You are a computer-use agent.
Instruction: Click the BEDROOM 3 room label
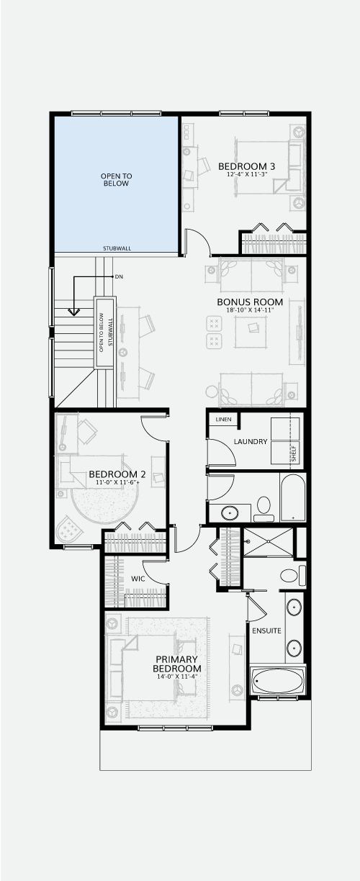pos(247,166)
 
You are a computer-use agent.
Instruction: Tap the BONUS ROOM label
pos(250,302)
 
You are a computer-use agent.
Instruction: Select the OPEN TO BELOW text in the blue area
pos(117,180)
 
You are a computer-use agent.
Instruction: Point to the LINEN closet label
pos(223,419)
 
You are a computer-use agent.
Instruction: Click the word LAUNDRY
pos(251,442)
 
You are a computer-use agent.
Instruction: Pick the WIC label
pos(138,579)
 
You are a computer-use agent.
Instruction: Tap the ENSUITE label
pos(266,631)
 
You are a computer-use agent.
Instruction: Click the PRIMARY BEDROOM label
pos(176,664)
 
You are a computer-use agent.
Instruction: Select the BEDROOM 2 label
pos(117,474)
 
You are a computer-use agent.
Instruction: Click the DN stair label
pos(119,277)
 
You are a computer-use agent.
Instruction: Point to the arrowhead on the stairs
pos(74,312)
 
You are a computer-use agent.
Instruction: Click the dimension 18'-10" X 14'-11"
pos(250,310)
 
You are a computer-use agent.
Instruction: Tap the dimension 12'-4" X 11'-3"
pos(247,174)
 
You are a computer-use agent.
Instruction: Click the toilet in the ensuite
pos(293,576)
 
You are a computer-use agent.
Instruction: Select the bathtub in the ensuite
pos(278,682)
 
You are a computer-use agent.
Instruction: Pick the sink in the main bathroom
pos(230,513)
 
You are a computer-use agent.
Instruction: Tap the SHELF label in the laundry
pos(294,453)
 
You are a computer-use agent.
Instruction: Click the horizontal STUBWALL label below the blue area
pos(117,248)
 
